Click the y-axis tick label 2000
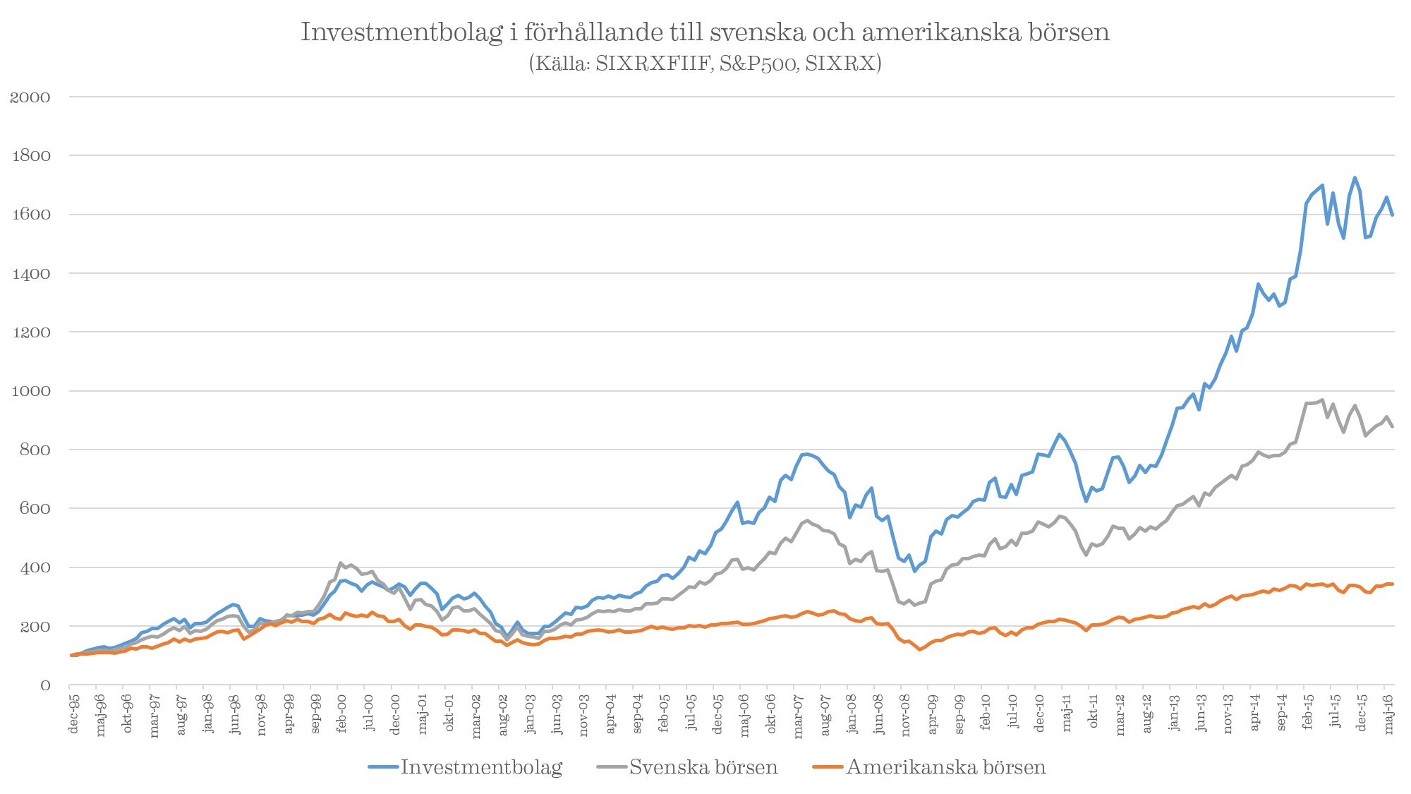(x=30, y=97)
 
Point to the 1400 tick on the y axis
(x=30, y=274)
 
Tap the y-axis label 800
(x=35, y=450)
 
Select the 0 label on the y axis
(x=46, y=685)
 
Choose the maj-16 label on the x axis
(x=1388, y=715)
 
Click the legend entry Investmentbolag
(x=481, y=768)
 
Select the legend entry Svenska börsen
(x=703, y=768)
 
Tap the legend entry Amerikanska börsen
(x=945, y=768)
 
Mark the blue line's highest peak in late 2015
(x=1355, y=177)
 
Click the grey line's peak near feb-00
(x=341, y=563)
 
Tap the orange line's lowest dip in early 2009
(x=919, y=649)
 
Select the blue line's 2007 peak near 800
(x=804, y=454)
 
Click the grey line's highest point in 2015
(x=1321, y=399)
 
